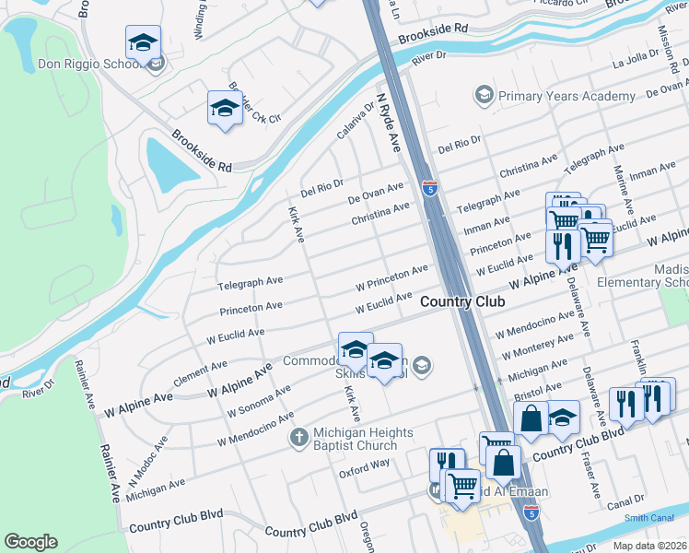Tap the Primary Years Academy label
click(x=566, y=96)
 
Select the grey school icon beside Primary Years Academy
click(x=484, y=95)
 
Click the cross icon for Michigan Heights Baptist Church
click(x=298, y=436)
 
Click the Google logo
click(x=30, y=542)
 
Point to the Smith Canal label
click(x=648, y=518)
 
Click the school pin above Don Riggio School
click(x=143, y=41)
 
